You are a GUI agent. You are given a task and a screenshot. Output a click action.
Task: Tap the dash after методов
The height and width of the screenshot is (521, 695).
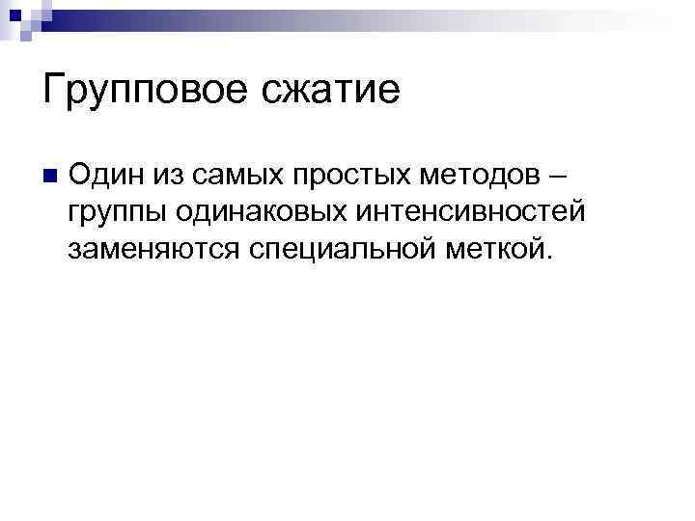click(556, 177)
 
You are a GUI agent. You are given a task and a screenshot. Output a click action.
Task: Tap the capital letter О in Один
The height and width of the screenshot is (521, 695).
click(81, 175)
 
